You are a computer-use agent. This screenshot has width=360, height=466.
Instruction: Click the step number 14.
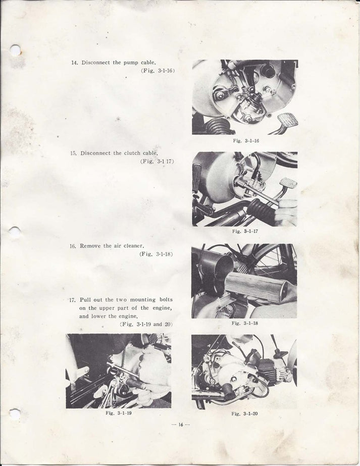tap(74, 63)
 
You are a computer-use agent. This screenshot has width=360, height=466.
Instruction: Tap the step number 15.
tap(73, 153)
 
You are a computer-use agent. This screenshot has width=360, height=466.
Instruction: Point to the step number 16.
tap(73, 246)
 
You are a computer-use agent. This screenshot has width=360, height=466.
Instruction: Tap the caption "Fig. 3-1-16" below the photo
tap(246, 141)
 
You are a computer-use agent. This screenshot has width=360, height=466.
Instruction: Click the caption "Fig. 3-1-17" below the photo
tap(245, 231)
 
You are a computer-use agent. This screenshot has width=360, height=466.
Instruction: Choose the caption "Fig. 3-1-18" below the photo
tap(245, 323)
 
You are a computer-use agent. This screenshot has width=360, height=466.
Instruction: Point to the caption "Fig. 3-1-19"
tap(118, 413)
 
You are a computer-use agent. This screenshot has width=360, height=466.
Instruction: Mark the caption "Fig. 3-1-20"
tap(244, 413)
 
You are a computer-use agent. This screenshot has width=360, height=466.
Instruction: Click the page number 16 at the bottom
tap(180, 425)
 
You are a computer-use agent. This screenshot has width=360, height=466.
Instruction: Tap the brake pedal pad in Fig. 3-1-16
tap(287, 120)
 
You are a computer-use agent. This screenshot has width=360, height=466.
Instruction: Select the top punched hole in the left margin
tap(15, 50)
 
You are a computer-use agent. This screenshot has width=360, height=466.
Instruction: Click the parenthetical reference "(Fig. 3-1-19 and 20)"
tap(146, 324)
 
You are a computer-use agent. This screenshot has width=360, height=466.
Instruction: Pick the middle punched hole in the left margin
tap(15, 232)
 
